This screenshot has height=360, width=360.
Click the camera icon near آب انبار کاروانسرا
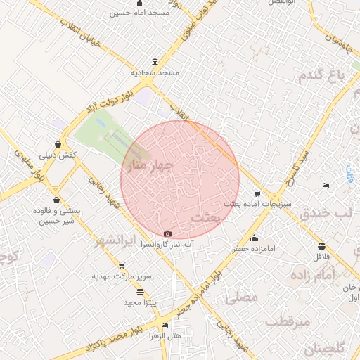[x=167, y=234]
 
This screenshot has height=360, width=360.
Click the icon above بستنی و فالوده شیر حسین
[x=56, y=200]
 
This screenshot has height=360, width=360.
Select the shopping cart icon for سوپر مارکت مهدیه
[x=122, y=266]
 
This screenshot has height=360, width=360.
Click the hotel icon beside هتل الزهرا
[x=165, y=324]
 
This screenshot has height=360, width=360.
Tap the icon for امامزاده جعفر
[x=254, y=238]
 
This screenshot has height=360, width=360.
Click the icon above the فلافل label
[x=321, y=246]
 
